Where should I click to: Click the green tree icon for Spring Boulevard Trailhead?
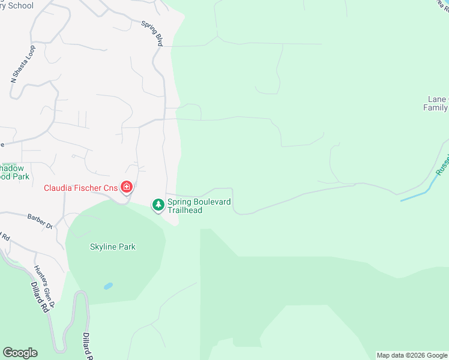point(158,206)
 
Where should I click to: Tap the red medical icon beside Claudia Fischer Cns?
point(127,188)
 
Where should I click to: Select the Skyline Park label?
point(113,247)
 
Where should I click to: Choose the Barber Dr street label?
point(41,221)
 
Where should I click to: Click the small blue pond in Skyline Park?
point(108,286)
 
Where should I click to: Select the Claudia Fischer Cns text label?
point(80,188)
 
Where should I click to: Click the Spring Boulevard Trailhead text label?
point(199,206)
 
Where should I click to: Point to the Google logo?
point(20,353)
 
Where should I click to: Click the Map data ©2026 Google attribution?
point(412,355)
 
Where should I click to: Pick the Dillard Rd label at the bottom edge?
point(88,347)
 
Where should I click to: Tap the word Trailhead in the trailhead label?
point(185,211)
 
